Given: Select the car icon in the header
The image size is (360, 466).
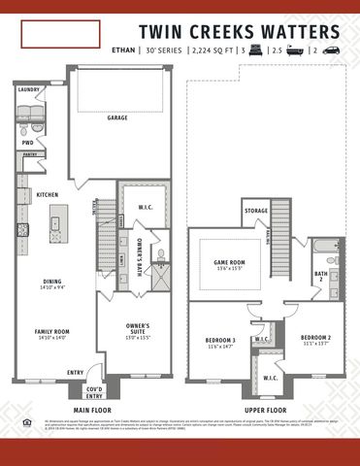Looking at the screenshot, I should click(x=331, y=50).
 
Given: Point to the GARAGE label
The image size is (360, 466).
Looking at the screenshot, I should click(x=117, y=117).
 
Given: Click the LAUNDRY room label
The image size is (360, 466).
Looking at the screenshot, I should click(x=29, y=90).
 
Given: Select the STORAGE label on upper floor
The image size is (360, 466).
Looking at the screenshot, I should click(x=256, y=211).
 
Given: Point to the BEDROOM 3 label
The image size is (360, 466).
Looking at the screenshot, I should click(x=221, y=341).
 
